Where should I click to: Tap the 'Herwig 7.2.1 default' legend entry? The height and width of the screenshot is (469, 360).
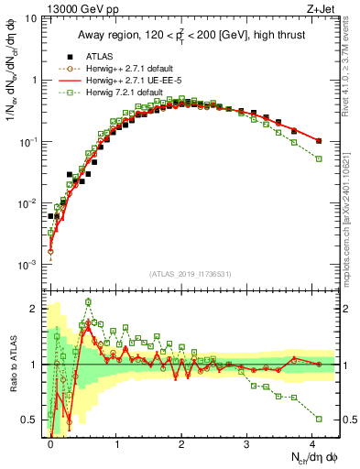(x=115, y=93)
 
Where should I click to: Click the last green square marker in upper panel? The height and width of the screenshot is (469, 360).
(x=318, y=158)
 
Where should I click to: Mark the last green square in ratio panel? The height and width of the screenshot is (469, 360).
(x=318, y=419)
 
